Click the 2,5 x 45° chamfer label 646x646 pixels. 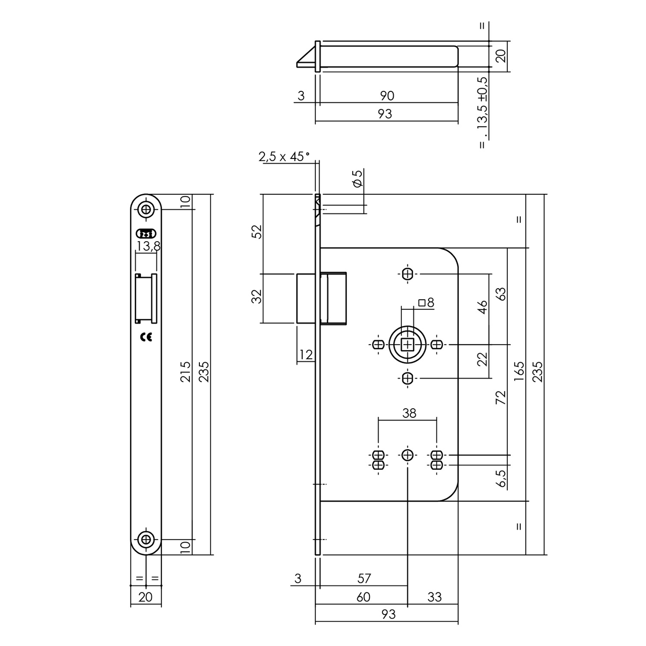click(x=284, y=157)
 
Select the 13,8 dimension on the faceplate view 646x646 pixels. click(x=146, y=246)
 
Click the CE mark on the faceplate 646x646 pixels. click(x=146, y=338)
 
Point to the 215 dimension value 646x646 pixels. click(x=186, y=371)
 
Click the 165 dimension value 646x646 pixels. click(x=519, y=372)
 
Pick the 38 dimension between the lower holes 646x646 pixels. click(x=409, y=413)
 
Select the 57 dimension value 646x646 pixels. click(x=364, y=578)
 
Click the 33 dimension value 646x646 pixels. click(x=434, y=597)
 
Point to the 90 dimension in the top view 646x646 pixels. click(x=387, y=95)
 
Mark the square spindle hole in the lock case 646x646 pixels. click(x=407, y=345)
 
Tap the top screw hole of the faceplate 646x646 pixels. click(x=146, y=209)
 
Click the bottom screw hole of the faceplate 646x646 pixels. click(x=146, y=540)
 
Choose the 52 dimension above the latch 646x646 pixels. click(x=257, y=231)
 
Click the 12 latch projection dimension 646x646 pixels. click(x=306, y=355)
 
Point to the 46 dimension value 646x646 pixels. click(x=482, y=307)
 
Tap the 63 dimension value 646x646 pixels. click(x=501, y=294)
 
